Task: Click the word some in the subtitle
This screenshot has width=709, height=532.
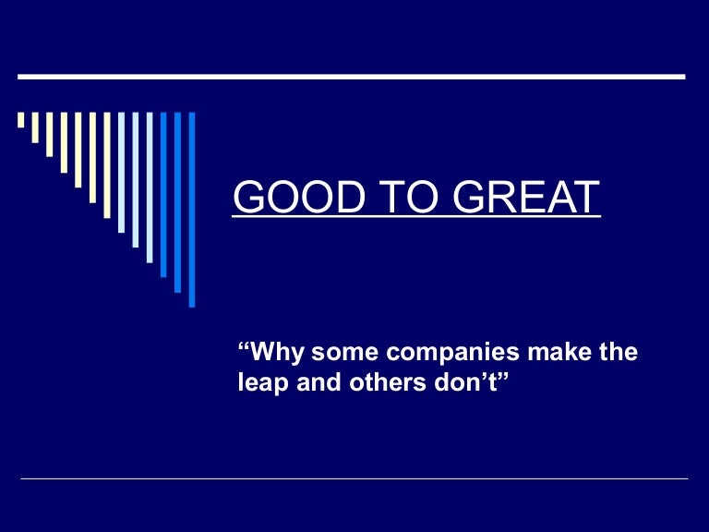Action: tap(339, 353)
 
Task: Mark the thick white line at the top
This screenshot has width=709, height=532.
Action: tap(351, 76)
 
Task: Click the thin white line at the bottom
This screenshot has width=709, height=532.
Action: tap(354, 478)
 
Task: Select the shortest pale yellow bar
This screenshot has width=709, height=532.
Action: tap(21, 119)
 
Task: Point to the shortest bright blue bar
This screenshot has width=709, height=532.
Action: tap(163, 194)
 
